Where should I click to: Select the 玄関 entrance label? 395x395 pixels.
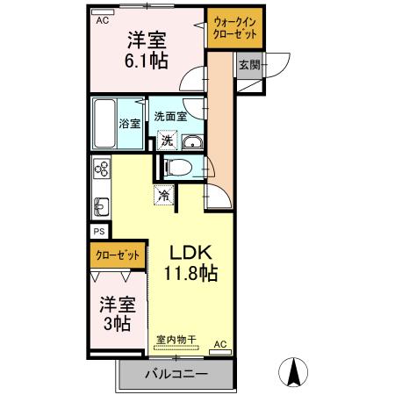coord(248,65)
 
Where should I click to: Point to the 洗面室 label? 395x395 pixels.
coord(169,115)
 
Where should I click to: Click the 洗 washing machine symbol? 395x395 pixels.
coord(165,139)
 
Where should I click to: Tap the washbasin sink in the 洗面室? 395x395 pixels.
coord(194,144)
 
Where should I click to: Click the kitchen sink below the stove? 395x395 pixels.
coord(100,207)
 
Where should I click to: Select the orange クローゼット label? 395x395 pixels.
coord(118,255)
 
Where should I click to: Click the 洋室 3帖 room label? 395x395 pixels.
coord(116,313)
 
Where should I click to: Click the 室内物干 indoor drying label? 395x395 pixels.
coord(176,338)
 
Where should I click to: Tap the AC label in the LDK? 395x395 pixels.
coord(219,343)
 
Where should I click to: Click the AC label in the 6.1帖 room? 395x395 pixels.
coord(103,19)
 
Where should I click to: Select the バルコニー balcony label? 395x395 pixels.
coord(176,375)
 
